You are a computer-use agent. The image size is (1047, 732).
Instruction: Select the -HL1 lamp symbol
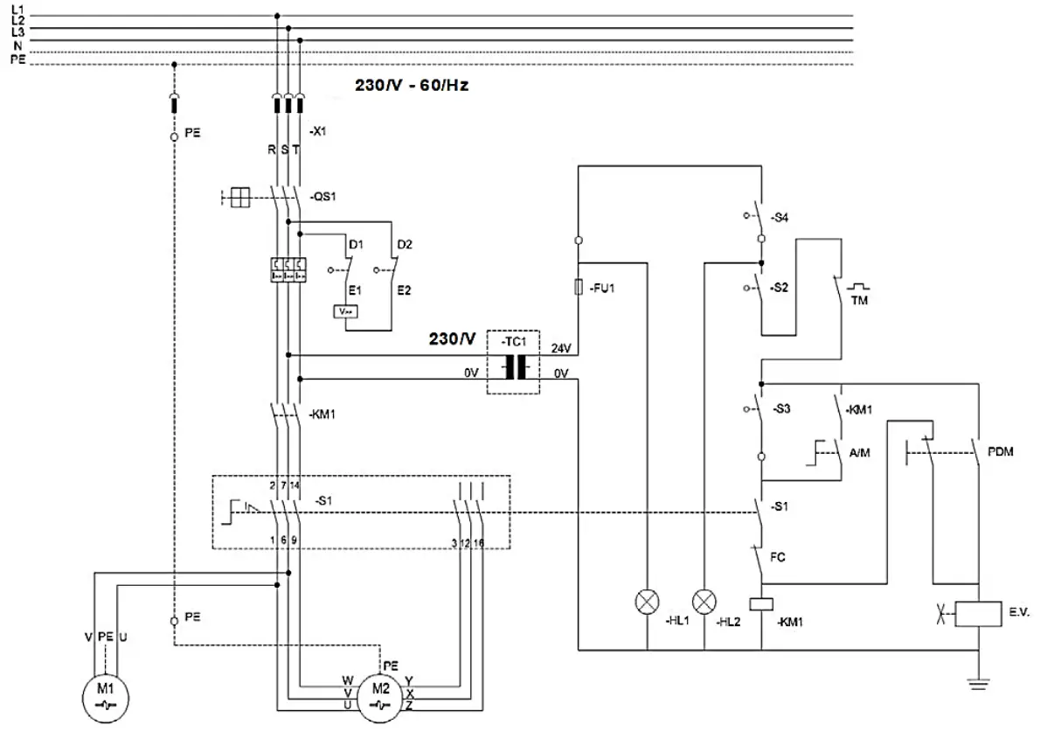(x=647, y=602)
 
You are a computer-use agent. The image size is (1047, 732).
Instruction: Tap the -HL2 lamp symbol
(x=704, y=602)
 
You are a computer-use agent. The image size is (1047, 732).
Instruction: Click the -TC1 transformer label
(x=514, y=341)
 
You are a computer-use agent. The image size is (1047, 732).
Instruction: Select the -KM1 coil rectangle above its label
(x=762, y=603)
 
